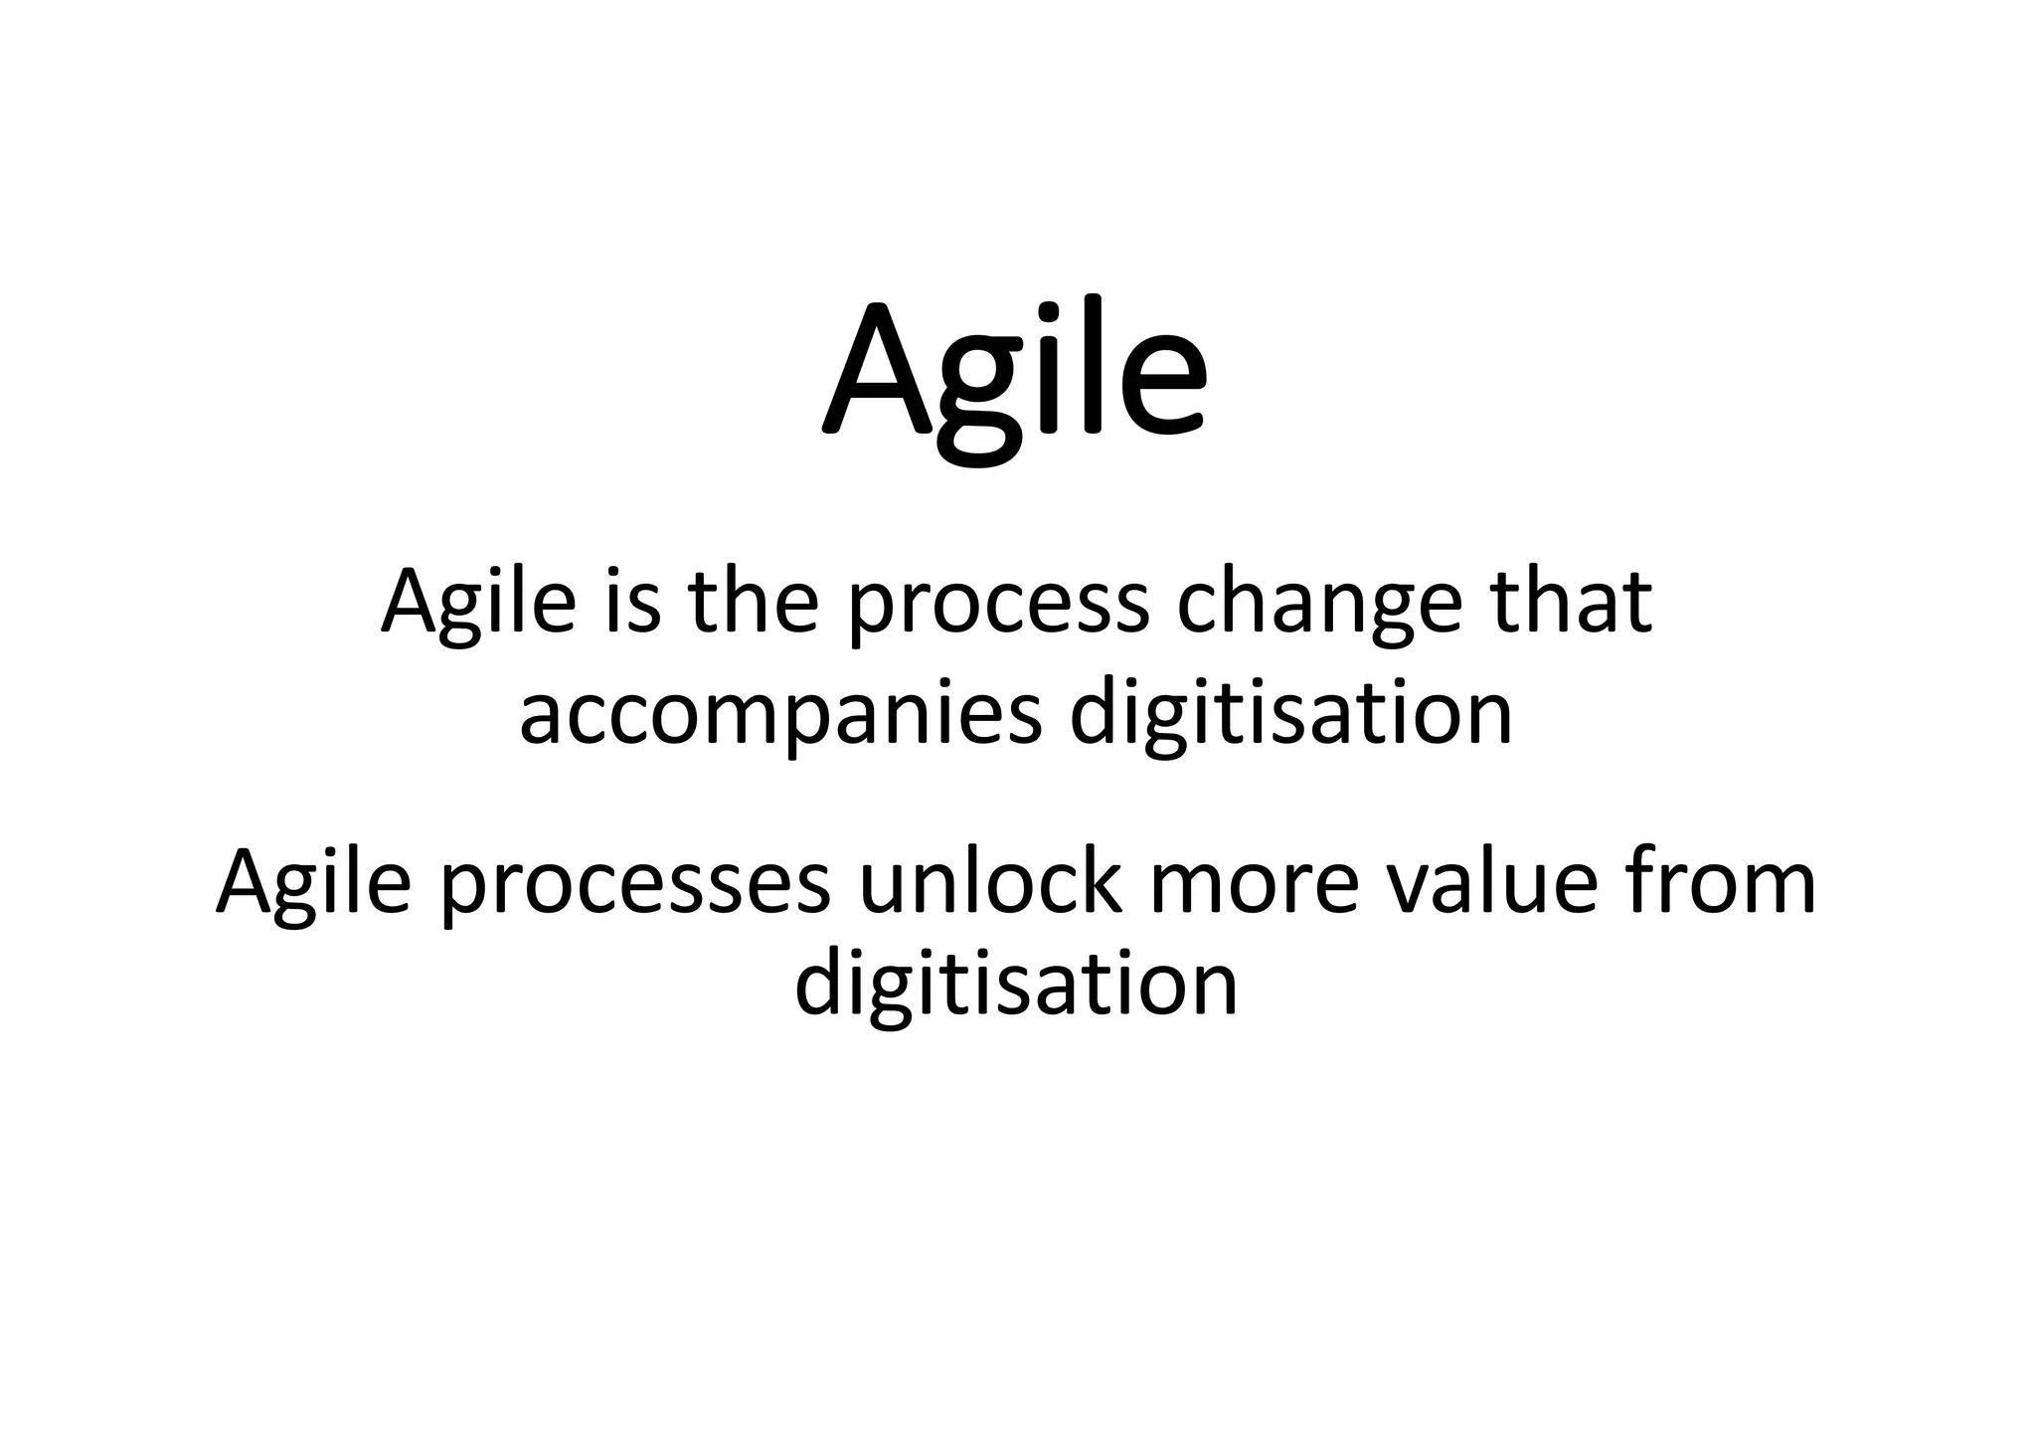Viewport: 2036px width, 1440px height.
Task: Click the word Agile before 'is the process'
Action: pos(478,604)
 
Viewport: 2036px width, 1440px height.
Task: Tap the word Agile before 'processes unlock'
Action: pos(313,884)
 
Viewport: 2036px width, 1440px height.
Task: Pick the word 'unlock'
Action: pos(990,882)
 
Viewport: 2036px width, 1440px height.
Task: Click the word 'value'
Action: pos(1491,884)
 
